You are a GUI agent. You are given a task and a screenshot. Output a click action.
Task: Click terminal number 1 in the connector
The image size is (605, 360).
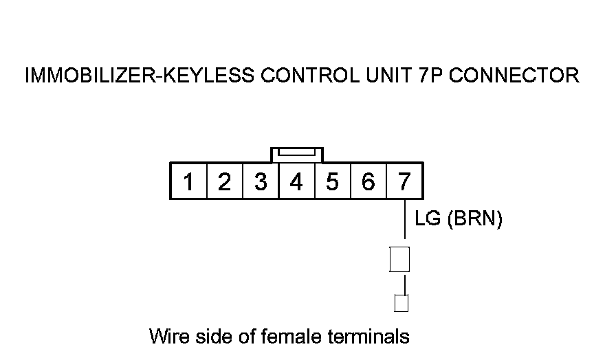click(x=188, y=182)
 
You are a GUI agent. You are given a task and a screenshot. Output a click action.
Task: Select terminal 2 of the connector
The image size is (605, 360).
click(x=224, y=182)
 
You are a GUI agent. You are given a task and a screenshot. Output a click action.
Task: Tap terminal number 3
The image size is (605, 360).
click(x=261, y=182)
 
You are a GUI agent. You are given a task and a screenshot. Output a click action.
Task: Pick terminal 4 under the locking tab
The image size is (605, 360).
click(x=296, y=182)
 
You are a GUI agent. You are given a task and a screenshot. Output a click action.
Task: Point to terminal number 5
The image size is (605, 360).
click(x=332, y=182)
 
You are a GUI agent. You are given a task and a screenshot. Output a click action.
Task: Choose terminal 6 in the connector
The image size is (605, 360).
click(x=368, y=182)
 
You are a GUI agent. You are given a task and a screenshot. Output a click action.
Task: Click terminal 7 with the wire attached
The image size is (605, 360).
click(x=404, y=182)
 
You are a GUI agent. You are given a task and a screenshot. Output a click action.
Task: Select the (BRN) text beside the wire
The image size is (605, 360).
click(x=475, y=219)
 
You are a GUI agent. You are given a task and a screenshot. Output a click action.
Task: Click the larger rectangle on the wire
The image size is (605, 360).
click(x=399, y=259)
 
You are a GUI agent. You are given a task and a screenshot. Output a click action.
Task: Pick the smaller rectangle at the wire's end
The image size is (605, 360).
click(x=401, y=302)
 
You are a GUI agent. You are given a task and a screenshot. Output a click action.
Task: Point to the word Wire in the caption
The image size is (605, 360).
click(x=165, y=337)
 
